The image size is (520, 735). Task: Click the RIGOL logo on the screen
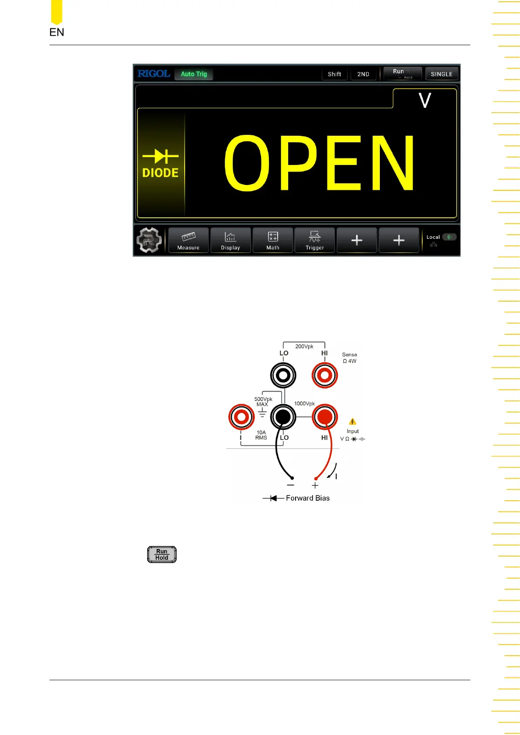(154, 74)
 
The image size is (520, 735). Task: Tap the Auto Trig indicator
(194, 74)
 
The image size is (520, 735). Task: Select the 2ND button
(363, 74)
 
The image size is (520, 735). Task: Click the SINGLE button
(441, 74)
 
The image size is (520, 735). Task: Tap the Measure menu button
(188, 240)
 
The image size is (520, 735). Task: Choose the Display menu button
(231, 240)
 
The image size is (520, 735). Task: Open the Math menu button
(273, 240)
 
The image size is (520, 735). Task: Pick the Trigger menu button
(315, 240)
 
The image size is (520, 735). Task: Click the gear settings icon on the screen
(149, 240)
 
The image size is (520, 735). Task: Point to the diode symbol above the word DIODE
(160, 156)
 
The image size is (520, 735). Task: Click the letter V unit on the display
(425, 100)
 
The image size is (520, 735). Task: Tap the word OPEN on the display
(319, 163)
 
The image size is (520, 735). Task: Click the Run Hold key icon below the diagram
(162, 554)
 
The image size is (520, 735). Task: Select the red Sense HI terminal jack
(325, 375)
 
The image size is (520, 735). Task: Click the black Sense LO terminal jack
(283, 375)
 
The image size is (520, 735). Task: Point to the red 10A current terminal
(241, 417)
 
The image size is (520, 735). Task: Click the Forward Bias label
(307, 498)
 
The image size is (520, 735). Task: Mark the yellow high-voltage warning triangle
(353, 422)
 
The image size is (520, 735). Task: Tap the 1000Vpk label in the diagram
(304, 404)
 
